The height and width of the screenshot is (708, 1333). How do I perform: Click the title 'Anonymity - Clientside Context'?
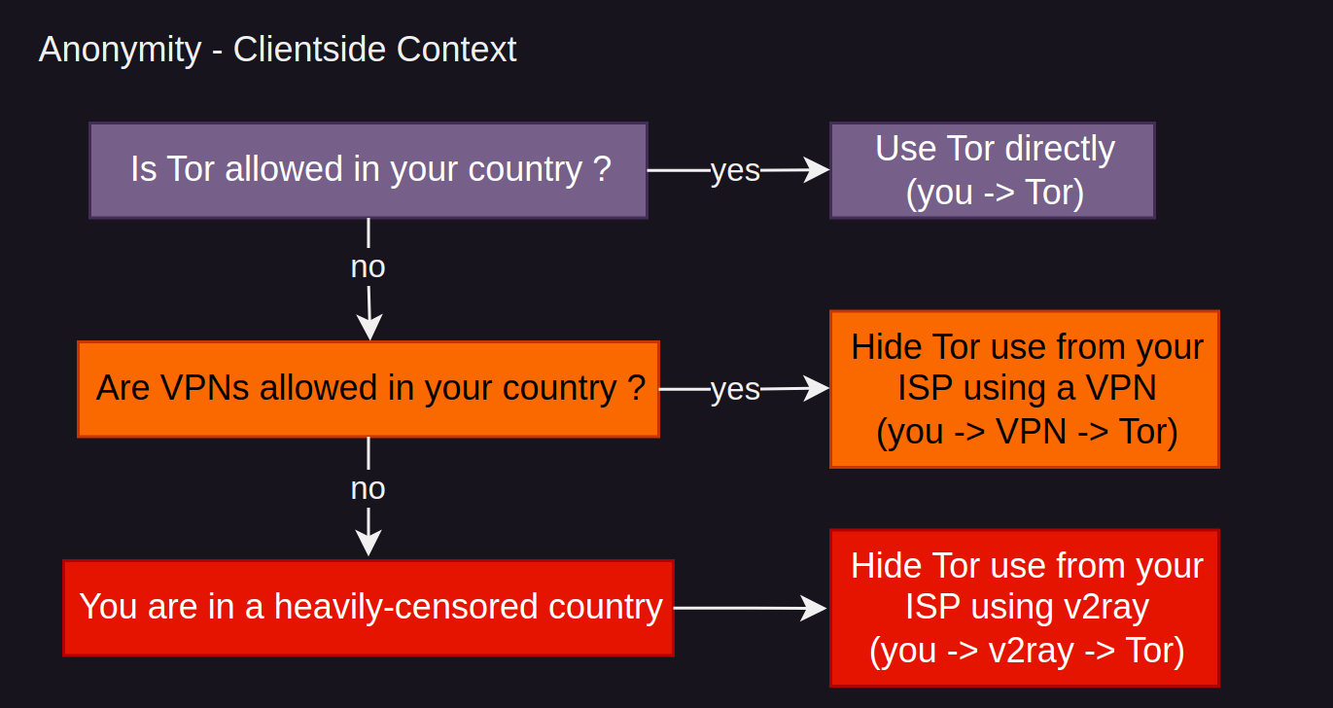tap(277, 49)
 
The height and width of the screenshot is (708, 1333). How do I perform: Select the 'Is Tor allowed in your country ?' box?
tap(368, 170)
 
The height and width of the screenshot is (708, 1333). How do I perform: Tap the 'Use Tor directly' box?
tap(993, 170)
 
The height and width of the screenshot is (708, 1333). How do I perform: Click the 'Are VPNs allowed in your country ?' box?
tap(368, 389)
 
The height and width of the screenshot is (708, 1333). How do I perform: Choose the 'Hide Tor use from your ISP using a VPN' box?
tap(1024, 389)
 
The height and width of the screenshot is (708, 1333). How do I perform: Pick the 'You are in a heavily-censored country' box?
tap(368, 608)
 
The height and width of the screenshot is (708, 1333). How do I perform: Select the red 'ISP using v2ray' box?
tap(1024, 608)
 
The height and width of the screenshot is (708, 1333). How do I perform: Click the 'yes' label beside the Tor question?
tap(735, 170)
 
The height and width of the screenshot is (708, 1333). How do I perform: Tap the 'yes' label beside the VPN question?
tap(735, 389)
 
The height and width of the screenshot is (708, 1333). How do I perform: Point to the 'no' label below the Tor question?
tap(368, 266)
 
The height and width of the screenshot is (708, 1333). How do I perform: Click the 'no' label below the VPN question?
tap(368, 488)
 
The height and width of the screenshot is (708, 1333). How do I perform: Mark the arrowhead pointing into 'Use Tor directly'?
tap(819, 170)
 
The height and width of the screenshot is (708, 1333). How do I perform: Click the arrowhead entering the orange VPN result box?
tap(819, 389)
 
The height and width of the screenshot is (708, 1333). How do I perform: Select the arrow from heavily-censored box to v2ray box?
tap(749, 608)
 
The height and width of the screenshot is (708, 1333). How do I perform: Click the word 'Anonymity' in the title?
tap(120, 49)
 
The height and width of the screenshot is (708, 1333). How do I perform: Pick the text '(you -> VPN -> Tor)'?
tap(1027, 431)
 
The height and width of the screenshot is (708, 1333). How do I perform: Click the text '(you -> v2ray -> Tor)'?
tap(1027, 650)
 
